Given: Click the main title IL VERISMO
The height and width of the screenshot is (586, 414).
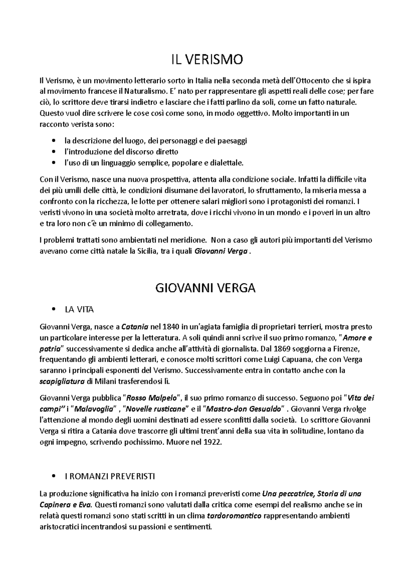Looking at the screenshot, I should [207, 60].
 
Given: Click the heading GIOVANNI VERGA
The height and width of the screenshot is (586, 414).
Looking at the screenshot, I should [206, 288].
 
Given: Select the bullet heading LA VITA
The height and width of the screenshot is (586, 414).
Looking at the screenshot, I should [79, 310].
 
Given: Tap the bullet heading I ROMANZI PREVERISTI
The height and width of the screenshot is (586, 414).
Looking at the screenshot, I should [110, 477].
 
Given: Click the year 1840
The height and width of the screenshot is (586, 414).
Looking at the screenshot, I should [170, 326].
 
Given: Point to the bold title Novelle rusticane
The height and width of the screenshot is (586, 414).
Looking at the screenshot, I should [156, 409].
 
